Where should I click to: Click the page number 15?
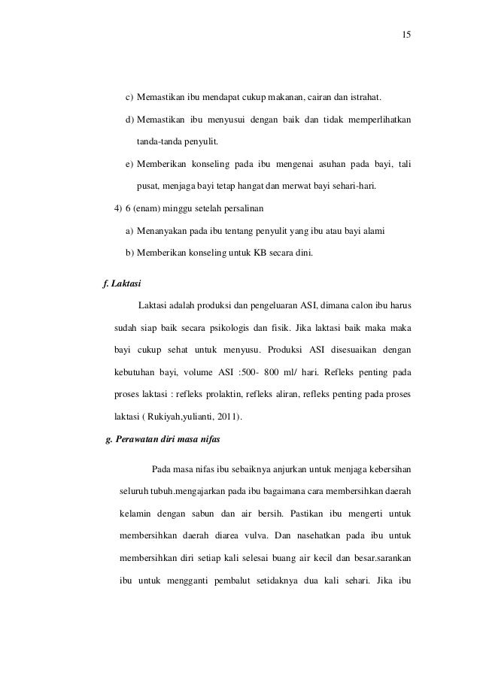407,35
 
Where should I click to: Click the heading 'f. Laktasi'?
121,283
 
